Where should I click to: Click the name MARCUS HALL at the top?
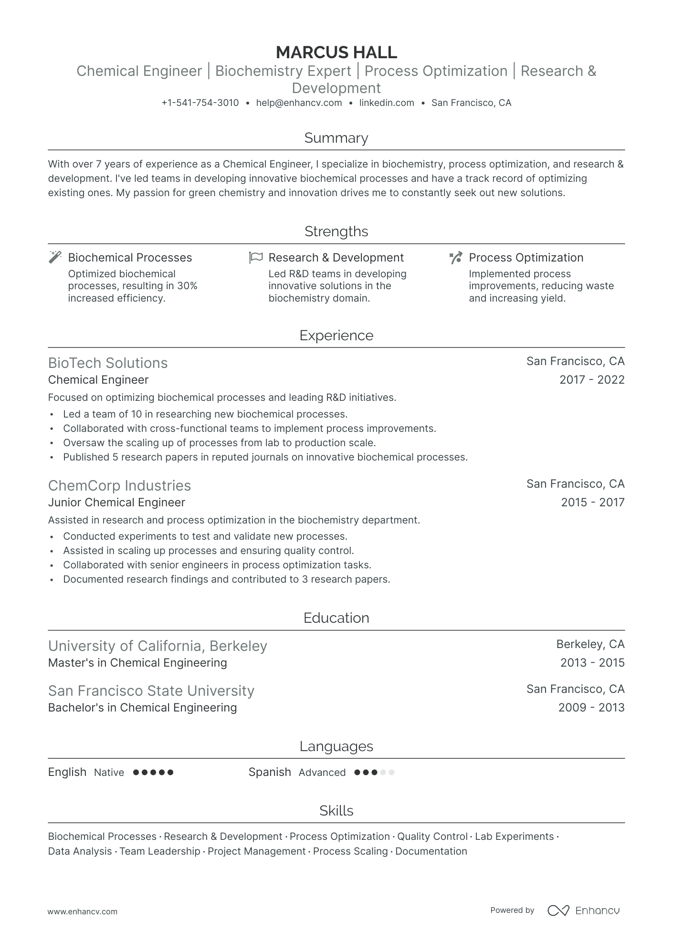tap(336, 52)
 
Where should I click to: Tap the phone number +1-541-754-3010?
tap(200, 103)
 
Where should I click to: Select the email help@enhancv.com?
tap(299, 103)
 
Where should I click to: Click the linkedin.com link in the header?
tap(387, 103)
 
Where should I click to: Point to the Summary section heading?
tap(336, 138)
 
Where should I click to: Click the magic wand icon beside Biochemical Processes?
tap(55, 257)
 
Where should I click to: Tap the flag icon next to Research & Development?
tap(256, 257)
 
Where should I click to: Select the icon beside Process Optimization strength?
tap(456, 257)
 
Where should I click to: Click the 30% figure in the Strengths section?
tap(187, 286)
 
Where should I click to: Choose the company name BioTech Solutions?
tap(108, 363)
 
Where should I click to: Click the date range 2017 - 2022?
tap(592, 380)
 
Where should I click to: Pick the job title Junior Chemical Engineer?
tap(116, 502)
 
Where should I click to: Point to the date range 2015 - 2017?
tap(592, 502)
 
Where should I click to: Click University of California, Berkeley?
tap(158, 646)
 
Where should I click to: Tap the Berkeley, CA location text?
tap(590, 644)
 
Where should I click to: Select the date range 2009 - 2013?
tap(591, 707)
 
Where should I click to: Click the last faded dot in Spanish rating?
tap(391, 773)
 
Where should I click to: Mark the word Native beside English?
tap(109, 773)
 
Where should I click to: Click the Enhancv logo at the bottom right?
tap(583, 910)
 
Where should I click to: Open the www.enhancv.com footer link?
tap(83, 911)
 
